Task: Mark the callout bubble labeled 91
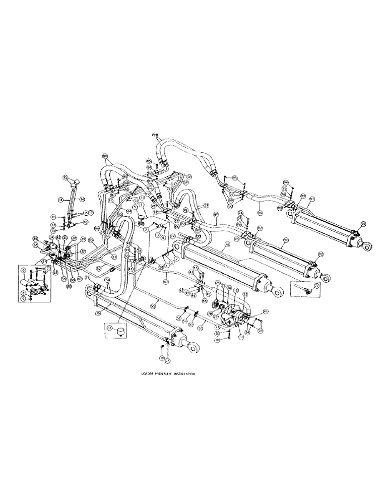(311, 200)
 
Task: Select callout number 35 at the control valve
(36, 238)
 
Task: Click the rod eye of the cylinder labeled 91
(366, 246)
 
